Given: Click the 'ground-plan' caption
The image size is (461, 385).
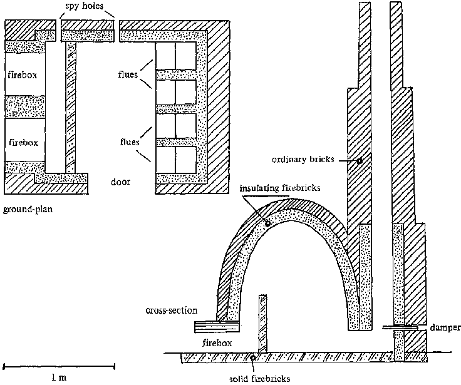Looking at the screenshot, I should click(26, 210).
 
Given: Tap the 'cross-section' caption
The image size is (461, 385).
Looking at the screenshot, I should click(172, 310).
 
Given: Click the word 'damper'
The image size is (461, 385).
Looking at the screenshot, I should click(446, 327).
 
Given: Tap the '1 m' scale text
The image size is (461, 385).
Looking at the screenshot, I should click(59, 377).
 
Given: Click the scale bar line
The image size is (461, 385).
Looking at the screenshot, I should click(59, 364).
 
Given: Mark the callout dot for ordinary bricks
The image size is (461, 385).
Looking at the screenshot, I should click(359, 161).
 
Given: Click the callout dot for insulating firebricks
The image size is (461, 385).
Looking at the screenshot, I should click(267, 223).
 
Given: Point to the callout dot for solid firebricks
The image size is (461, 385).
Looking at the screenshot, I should click(252, 357).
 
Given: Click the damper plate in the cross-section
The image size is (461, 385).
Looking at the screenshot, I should click(399, 327).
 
